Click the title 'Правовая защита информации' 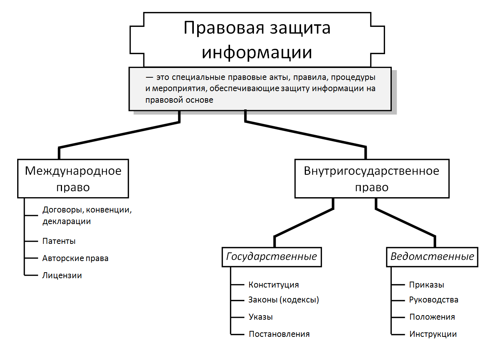[x=257, y=40]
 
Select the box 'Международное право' [x=73, y=179]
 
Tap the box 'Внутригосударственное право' [x=372, y=179]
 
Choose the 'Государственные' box [x=272, y=257]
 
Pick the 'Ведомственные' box [x=432, y=257]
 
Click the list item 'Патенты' [x=59, y=241]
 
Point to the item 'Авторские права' [x=75, y=258]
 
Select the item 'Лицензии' [x=62, y=276]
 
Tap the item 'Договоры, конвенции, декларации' [x=87, y=215]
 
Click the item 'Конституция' [x=274, y=285]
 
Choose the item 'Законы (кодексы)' [x=283, y=300]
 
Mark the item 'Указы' [x=261, y=317]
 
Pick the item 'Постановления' [x=279, y=334]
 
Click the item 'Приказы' [x=426, y=285]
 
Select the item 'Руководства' [x=434, y=300]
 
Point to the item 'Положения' [x=432, y=317]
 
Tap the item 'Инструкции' [x=433, y=334]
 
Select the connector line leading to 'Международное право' [x=120, y=135]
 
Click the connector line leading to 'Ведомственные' [x=405, y=223]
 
